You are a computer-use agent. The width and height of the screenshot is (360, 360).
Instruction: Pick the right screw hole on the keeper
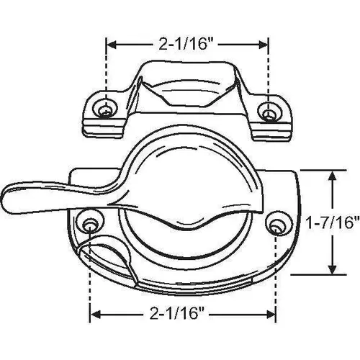coord(269,113)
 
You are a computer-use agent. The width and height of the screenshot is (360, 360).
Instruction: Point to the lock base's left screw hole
coord(89,222)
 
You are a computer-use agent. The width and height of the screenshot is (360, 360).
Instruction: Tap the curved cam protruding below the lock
coord(108,259)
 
